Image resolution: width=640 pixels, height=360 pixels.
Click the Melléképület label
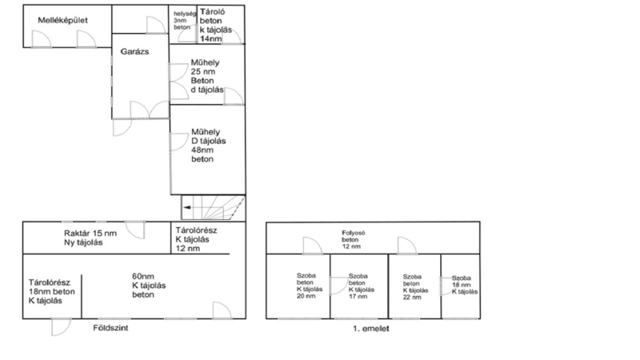(x=63, y=20)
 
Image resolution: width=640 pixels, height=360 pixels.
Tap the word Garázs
(x=134, y=51)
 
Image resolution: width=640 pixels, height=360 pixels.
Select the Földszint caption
(x=110, y=328)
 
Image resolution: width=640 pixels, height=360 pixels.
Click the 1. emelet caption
(x=371, y=328)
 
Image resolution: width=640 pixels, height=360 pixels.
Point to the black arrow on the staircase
(x=187, y=208)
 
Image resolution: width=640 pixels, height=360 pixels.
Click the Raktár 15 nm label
(x=90, y=234)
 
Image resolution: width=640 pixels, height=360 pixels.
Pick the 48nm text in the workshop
(x=202, y=150)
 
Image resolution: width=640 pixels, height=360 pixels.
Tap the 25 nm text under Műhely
(x=203, y=71)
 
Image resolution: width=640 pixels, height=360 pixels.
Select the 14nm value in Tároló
(x=211, y=38)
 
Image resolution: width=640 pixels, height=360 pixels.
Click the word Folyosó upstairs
(x=354, y=233)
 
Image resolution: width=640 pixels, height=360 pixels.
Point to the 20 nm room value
(x=306, y=296)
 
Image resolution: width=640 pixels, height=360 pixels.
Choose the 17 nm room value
(x=358, y=296)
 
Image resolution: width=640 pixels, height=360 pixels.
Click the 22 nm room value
(x=412, y=297)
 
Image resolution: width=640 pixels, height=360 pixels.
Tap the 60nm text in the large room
(x=143, y=276)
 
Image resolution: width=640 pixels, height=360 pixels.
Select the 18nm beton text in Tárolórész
(x=52, y=292)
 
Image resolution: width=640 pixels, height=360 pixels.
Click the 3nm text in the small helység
(x=180, y=21)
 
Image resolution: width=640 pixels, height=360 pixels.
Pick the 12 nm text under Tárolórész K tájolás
(x=188, y=248)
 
